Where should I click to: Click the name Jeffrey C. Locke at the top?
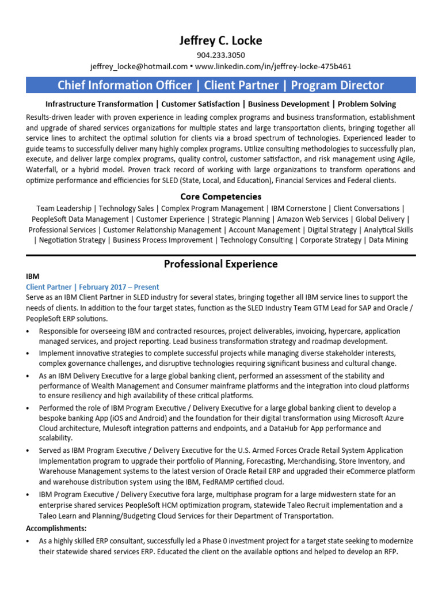tap(221, 40)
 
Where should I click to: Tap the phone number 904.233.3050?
tap(221, 55)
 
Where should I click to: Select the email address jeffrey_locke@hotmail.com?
tap(139, 66)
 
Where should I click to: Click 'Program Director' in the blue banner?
tap(337, 85)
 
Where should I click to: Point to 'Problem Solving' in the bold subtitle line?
tap(367, 104)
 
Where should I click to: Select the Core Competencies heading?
tap(221, 196)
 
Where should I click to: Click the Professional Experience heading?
tap(221, 264)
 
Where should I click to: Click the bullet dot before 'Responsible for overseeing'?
tap(29, 332)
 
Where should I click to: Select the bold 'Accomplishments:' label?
tap(56, 528)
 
